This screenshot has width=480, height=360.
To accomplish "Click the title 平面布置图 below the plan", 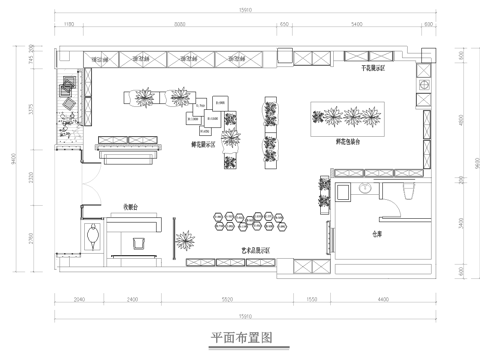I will (x=240, y=337).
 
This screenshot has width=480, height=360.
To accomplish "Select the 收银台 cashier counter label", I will (x=131, y=207).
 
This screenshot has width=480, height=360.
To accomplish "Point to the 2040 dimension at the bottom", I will (x=80, y=300).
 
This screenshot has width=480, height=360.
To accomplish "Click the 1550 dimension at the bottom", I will (x=312, y=300).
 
